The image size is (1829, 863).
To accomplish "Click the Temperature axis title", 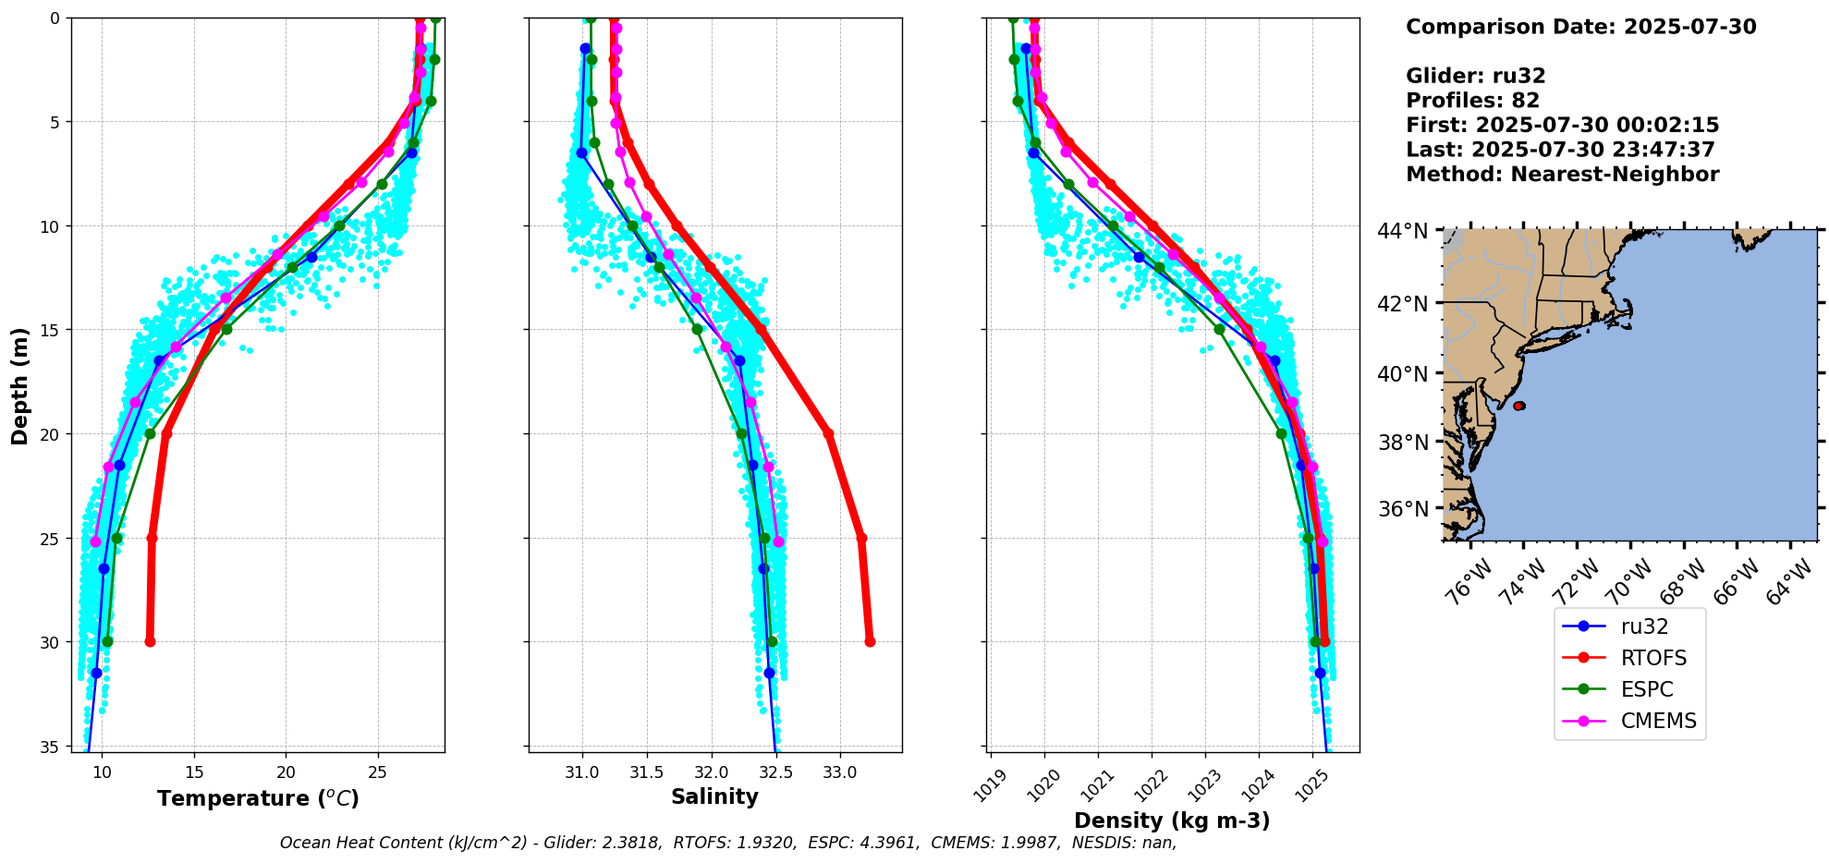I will click(x=258, y=798).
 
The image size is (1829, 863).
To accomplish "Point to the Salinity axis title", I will click(x=714, y=796).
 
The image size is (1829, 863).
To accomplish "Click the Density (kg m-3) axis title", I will click(x=1172, y=820).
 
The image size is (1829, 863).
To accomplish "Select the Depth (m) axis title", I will click(x=19, y=385).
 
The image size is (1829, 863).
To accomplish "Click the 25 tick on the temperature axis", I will click(x=377, y=772).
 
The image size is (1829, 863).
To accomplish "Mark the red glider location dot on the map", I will click(x=1519, y=406).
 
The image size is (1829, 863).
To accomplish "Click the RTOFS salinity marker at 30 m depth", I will click(x=870, y=641).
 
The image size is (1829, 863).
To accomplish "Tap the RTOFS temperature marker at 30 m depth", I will click(x=150, y=641).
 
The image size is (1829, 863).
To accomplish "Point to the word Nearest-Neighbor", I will click(x=1615, y=175).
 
